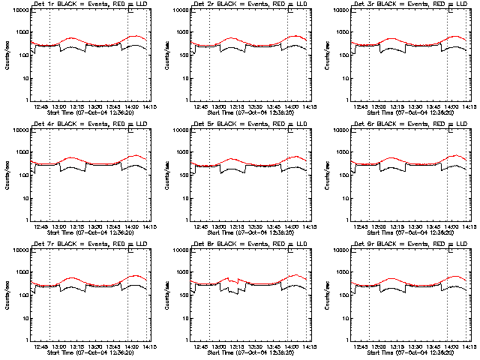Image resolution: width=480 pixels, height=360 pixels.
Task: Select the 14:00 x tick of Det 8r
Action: (x=289, y=346)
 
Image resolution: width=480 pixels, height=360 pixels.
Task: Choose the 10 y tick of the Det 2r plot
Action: (x=184, y=78)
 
